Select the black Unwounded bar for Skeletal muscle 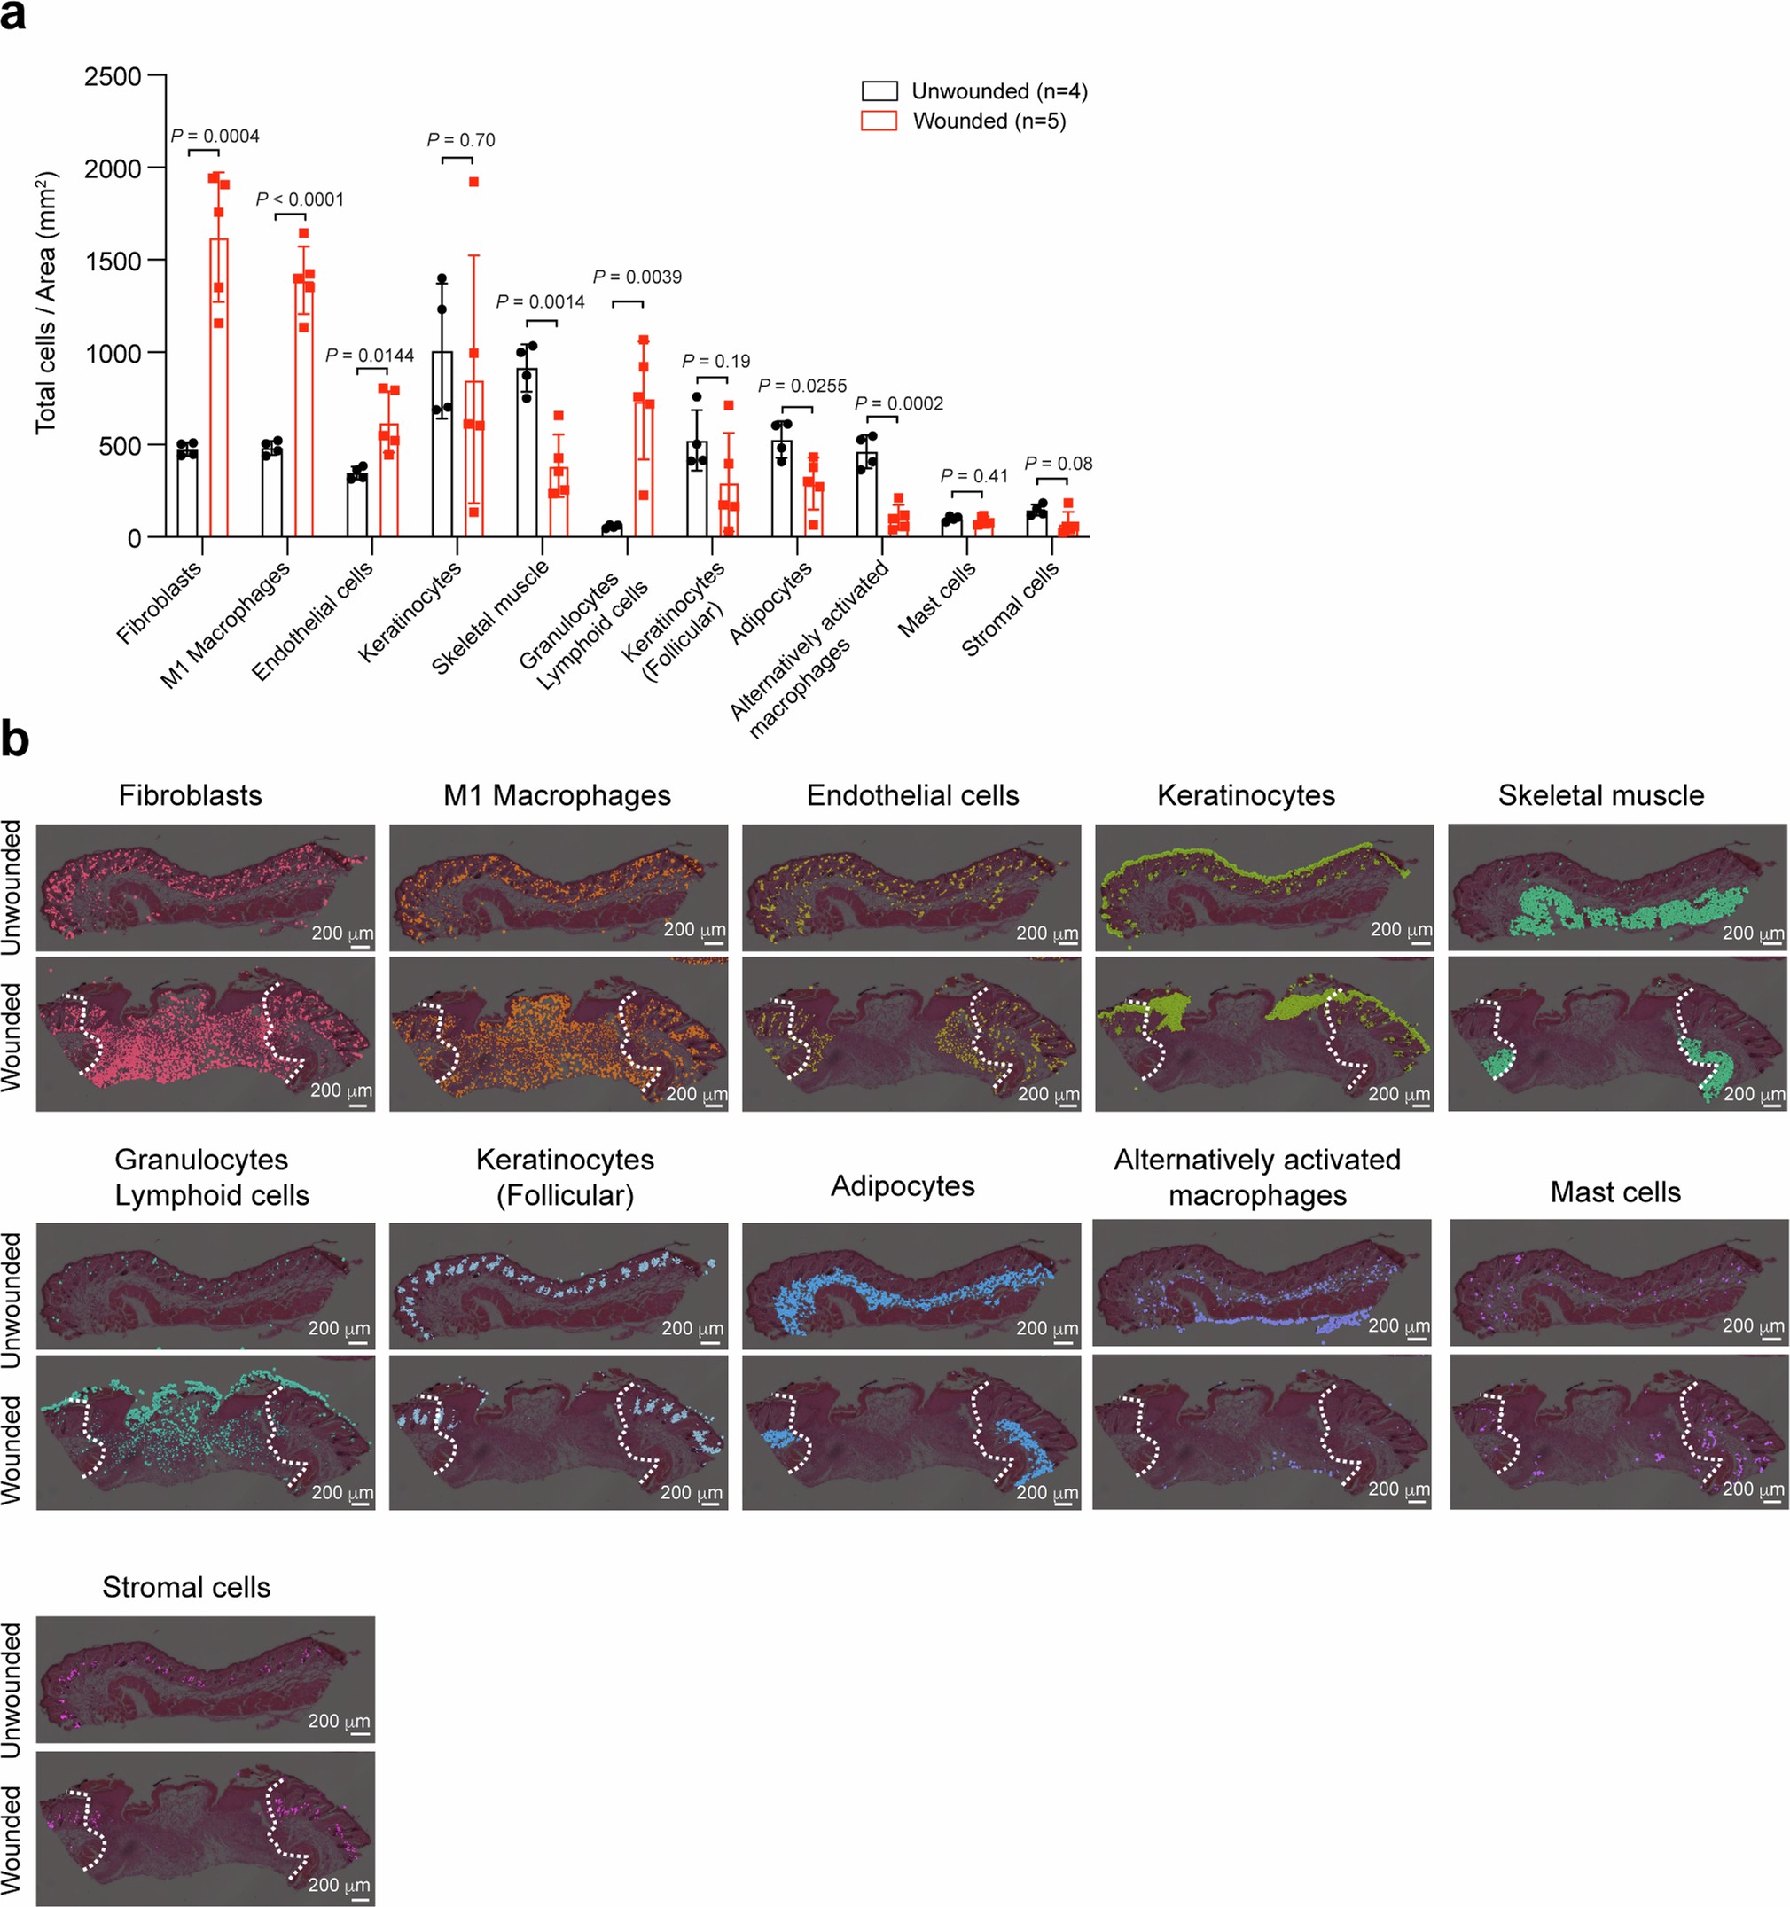coord(527,452)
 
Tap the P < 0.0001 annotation coord(300,199)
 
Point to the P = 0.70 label coord(460,140)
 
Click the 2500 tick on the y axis coord(113,77)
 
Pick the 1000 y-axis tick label coord(113,354)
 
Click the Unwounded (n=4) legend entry coord(974,91)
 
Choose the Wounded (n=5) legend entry coord(964,121)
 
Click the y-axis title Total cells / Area coord(46,302)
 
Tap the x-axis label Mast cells coord(937,598)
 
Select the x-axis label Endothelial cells coord(313,621)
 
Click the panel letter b coord(15,740)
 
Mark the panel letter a coord(12,16)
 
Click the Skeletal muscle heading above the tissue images coord(1600,795)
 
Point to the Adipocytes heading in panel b coord(903,1185)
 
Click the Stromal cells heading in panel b coord(186,1587)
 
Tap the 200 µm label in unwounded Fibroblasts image coord(342,933)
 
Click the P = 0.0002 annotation coord(899,404)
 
